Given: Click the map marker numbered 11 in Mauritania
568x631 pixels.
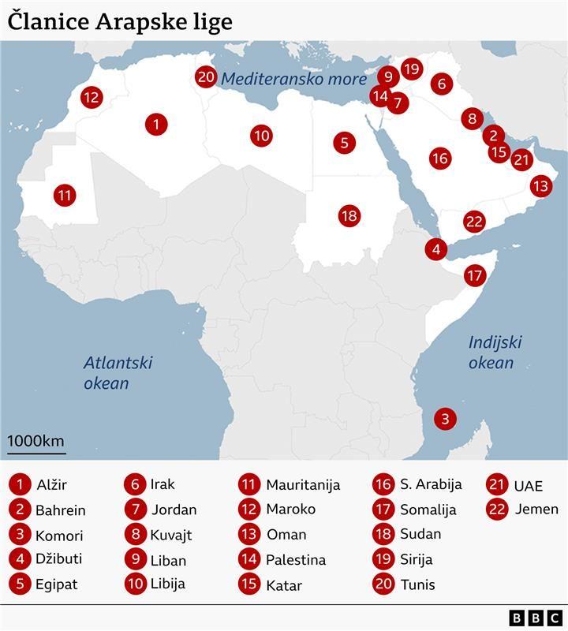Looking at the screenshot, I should tap(65, 195).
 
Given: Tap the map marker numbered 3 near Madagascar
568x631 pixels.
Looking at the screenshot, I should tap(445, 419).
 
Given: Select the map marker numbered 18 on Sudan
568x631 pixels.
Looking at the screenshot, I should tap(349, 215).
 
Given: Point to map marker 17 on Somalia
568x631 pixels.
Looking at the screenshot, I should tap(474, 276).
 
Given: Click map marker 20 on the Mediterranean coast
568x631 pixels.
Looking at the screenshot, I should tap(207, 77).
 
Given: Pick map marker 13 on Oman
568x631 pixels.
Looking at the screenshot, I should tap(540, 186).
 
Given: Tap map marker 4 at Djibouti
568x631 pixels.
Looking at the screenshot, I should tap(435, 249).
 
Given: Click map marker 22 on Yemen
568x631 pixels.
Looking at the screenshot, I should tap(473, 222).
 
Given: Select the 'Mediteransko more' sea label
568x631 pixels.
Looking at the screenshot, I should tap(293, 79).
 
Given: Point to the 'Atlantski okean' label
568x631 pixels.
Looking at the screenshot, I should tap(118, 373).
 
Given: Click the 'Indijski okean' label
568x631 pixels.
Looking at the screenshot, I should tap(495, 353).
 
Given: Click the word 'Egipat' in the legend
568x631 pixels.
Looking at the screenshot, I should tap(57, 584).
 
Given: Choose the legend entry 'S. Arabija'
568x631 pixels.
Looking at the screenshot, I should tap(430, 484).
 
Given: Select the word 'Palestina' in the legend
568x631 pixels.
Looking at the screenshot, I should tap(296, 560).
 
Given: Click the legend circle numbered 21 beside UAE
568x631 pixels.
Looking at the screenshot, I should tap(498, 485).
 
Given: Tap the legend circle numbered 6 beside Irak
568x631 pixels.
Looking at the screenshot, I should tap(136, 484).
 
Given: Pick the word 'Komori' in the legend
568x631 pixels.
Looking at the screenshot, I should tap(59, 536).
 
